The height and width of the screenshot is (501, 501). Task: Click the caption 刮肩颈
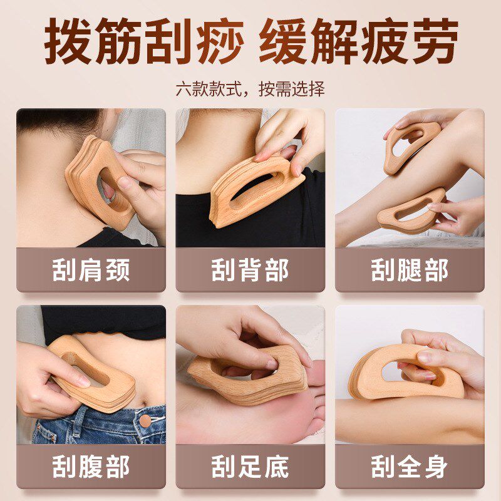(x=91, y=270)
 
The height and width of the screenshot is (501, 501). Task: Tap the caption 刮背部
(x=250, y=270)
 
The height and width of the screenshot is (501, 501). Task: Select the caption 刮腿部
(x=410, y=270)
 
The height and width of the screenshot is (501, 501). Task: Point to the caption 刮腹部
(x=91, y=467)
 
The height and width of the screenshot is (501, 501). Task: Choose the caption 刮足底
(x=250, y=467)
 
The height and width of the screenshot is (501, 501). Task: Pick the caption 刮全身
(x=410, y=467)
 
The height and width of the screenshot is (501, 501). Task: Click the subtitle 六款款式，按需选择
(x=250, y=89)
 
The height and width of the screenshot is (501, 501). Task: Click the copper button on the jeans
(x=146, y=423)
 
